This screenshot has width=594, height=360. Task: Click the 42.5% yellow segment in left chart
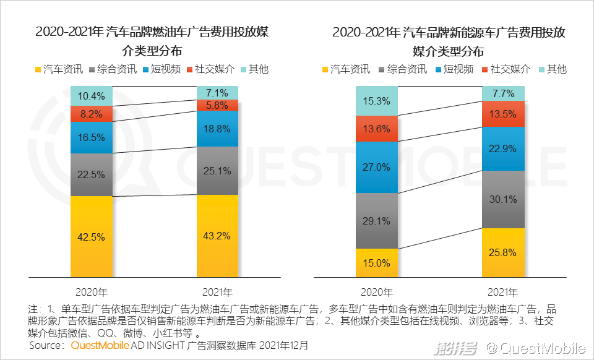(91, 236)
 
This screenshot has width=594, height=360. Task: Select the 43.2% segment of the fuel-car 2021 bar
(217, 236)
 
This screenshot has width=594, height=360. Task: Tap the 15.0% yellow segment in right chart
(376, 263)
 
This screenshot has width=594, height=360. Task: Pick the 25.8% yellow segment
(502, 252)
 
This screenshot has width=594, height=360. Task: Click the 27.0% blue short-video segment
(376, 167)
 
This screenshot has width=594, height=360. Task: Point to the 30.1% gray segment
(502, 199)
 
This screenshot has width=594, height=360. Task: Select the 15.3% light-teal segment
(376, 100)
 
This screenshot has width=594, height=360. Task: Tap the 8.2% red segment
(91, 114)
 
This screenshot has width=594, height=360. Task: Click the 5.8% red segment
(217, 105)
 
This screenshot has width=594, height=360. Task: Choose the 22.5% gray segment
(91, 174)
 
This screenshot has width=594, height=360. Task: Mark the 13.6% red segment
(376, 129)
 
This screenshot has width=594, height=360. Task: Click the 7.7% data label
(502, 93)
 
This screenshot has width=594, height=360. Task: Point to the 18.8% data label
(217, 129)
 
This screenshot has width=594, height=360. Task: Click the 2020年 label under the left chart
(91, 291)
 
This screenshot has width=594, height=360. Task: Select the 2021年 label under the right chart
(502, 291)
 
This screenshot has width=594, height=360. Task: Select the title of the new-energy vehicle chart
(449, 41)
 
